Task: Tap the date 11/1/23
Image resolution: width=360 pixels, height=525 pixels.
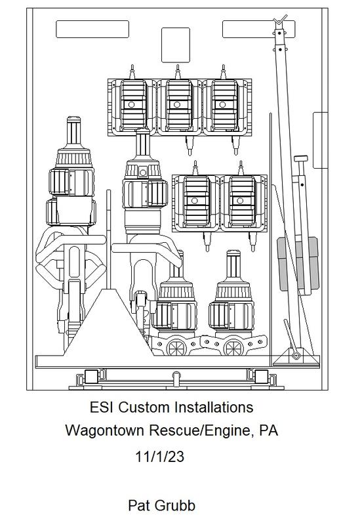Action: point(159,456)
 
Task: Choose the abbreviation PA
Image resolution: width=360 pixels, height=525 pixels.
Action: point(269,430)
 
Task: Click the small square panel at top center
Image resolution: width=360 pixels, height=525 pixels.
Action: point(176,45)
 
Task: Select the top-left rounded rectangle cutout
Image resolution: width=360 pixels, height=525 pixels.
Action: point(92,29)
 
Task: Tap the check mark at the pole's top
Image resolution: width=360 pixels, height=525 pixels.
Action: point(280,20)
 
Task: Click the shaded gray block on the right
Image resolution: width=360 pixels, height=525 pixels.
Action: point(298,264)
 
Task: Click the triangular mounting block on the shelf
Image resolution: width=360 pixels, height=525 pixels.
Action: point(108,323)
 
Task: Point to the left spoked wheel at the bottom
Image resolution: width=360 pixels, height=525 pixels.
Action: point(176,348)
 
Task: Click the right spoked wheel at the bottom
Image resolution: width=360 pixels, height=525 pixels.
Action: point(233,348)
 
